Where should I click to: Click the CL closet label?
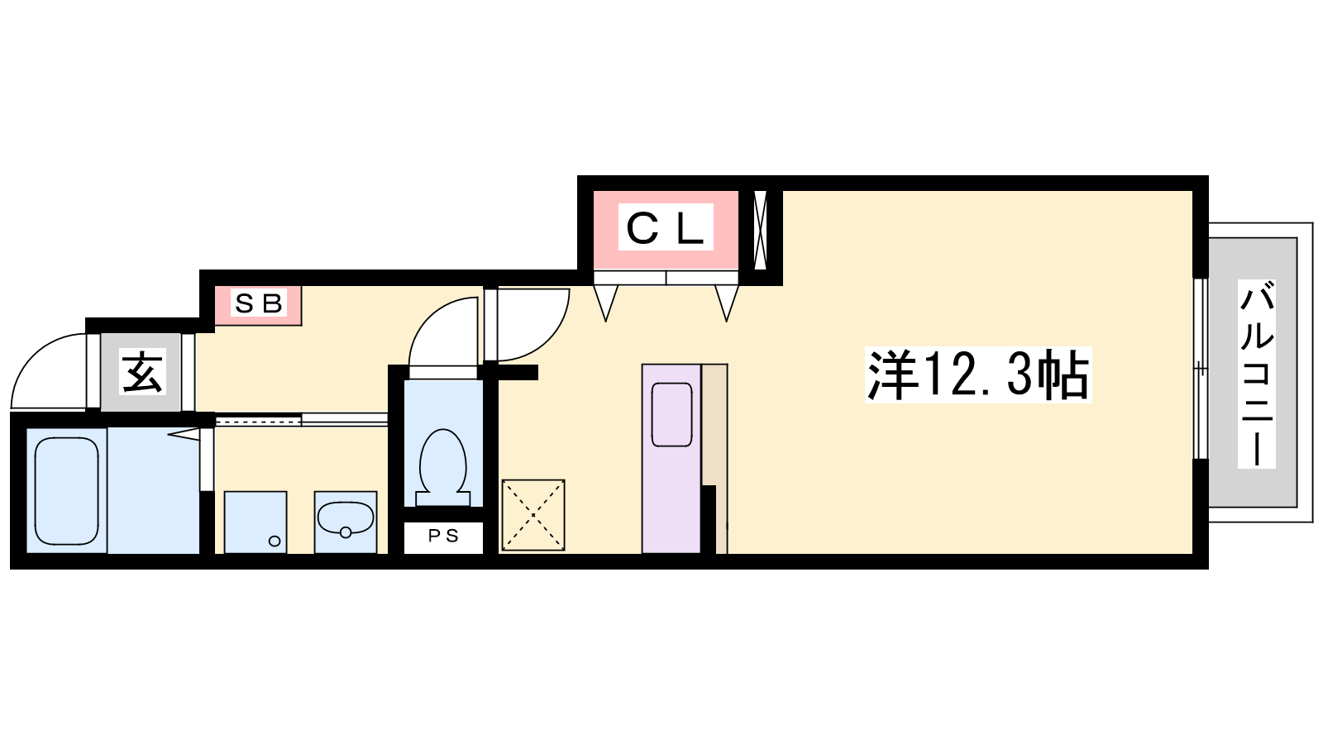(x=666, y=227)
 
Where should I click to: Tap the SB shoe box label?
(x=258, y=303)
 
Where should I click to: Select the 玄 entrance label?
(x=141, y=371)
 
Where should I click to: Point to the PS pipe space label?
(x=443, y=537)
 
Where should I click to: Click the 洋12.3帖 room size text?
(x=978, y=375)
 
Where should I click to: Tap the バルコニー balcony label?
(x=1256, y=373)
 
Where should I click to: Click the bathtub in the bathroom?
(x=66, y=491)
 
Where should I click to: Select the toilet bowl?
(x=443, y=466)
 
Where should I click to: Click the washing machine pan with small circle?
(x=256, y=522)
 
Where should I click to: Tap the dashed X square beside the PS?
(x=533, y=516)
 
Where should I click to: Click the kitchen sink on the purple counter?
(x=671, y=414)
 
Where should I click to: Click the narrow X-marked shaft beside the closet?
(x=760, y=230)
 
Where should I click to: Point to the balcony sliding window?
(x=1200, y=368)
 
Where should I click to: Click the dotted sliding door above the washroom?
(x=258, y=421)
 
